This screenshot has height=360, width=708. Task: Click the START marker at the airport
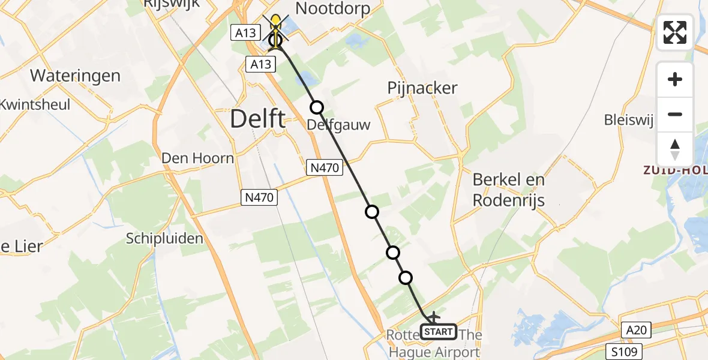pos(439,331)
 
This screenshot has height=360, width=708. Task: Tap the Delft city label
pos(257,119)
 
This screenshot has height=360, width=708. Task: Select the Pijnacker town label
pos(422,88)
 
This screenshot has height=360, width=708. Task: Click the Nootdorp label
pos(332,8)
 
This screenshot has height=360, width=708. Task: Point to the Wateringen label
pos(75,76)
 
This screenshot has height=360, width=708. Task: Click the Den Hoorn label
pos(197,158)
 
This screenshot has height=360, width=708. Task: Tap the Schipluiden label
pos(164,238)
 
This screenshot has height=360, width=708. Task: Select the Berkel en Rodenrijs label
pos(508,190)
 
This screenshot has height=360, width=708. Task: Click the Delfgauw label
pos(338,125)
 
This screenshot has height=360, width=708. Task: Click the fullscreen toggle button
pos(675,32)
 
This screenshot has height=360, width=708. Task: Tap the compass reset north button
pos(675,149)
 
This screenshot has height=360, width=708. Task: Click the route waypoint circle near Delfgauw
pos(316,107)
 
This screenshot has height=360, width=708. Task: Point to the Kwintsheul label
pos(35,104)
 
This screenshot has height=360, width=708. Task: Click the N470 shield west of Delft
pos(260,197)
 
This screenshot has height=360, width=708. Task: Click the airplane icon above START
pos(433,316)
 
